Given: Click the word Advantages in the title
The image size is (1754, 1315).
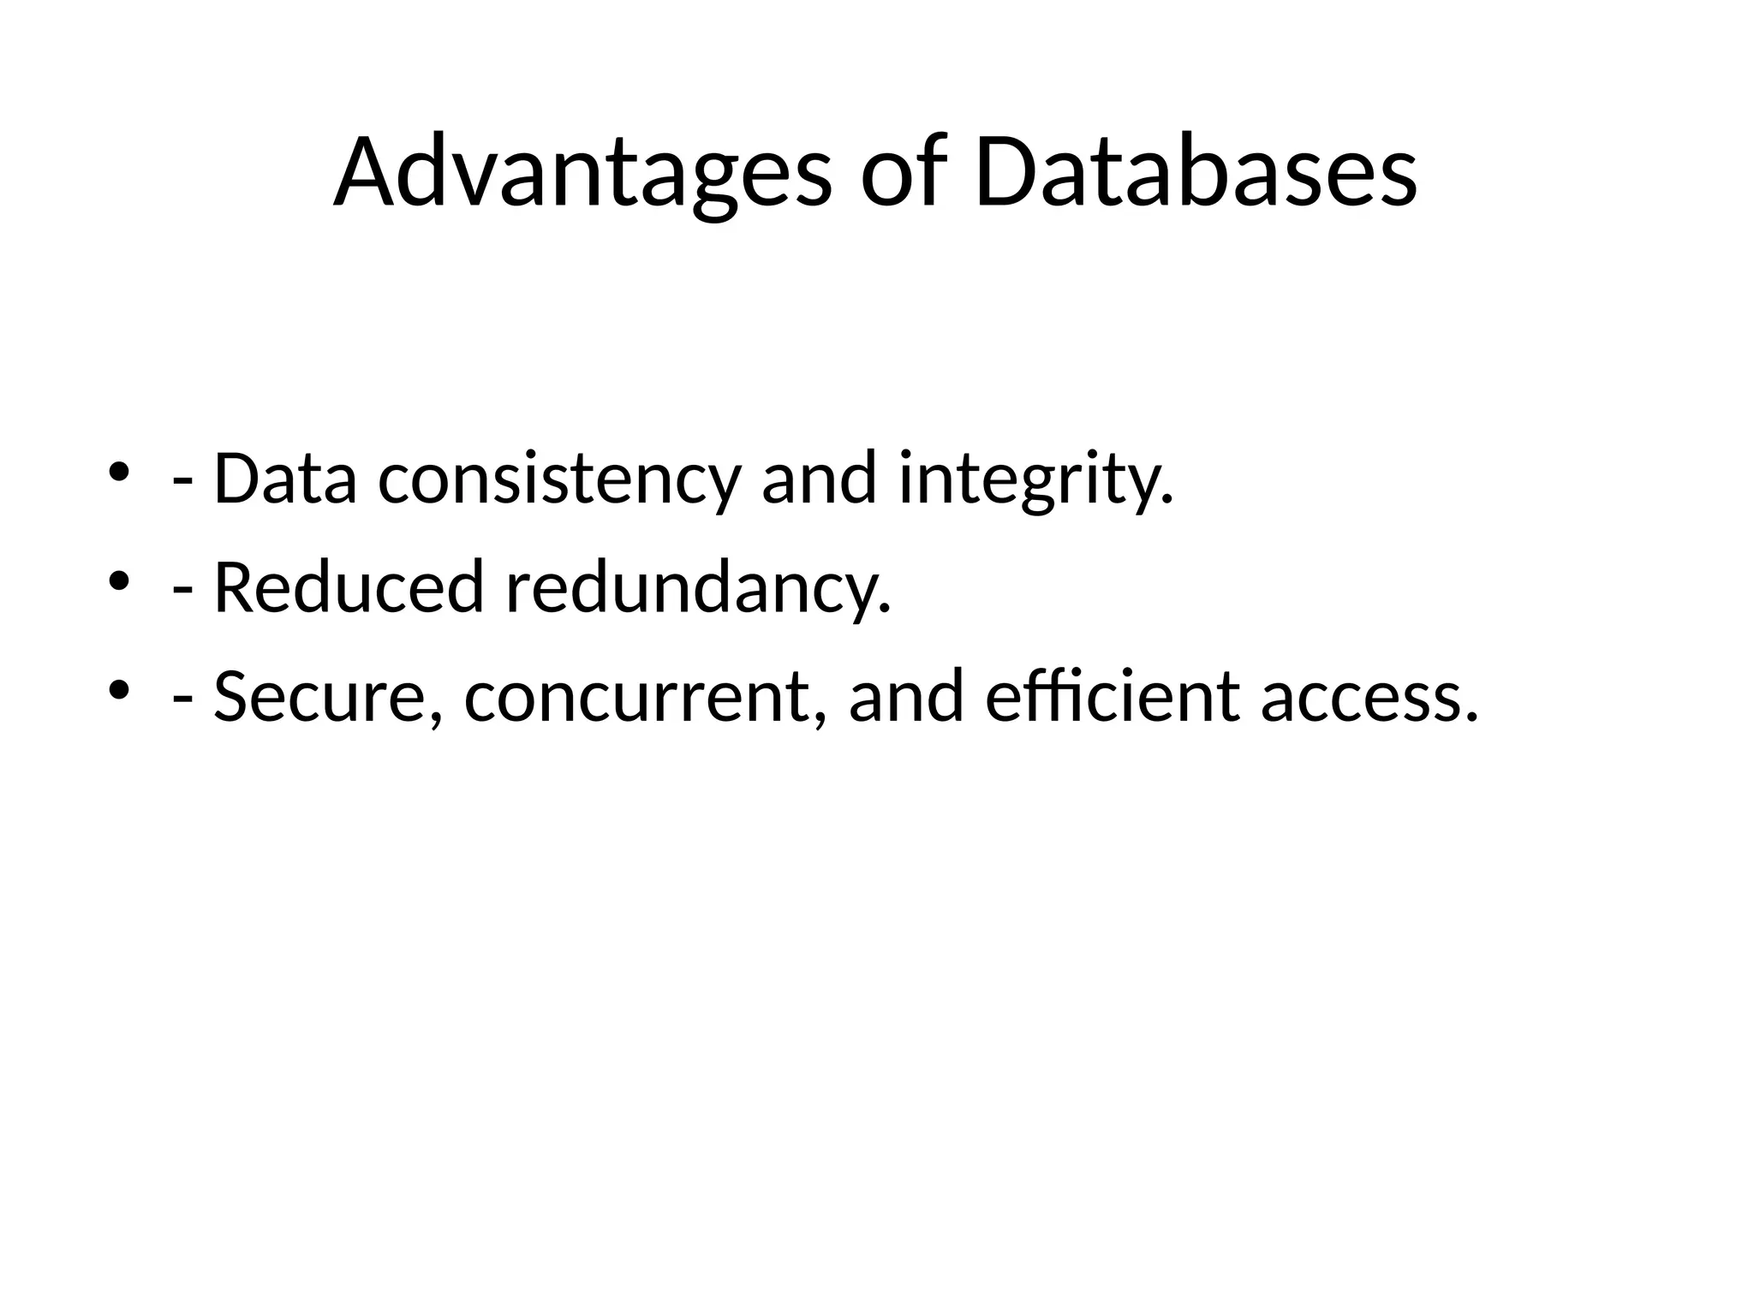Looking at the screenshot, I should [x=582, y=174].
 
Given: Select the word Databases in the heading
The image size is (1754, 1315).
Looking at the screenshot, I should [x=1196, y=174].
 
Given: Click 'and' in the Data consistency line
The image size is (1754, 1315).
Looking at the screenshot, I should [x=818, y=479].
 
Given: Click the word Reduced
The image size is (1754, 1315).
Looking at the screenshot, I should [x=349, y=588].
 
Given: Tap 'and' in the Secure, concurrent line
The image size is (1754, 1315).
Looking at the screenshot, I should [x=905, y=696].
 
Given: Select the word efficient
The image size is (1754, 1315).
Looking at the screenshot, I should [x=1112, y=696].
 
